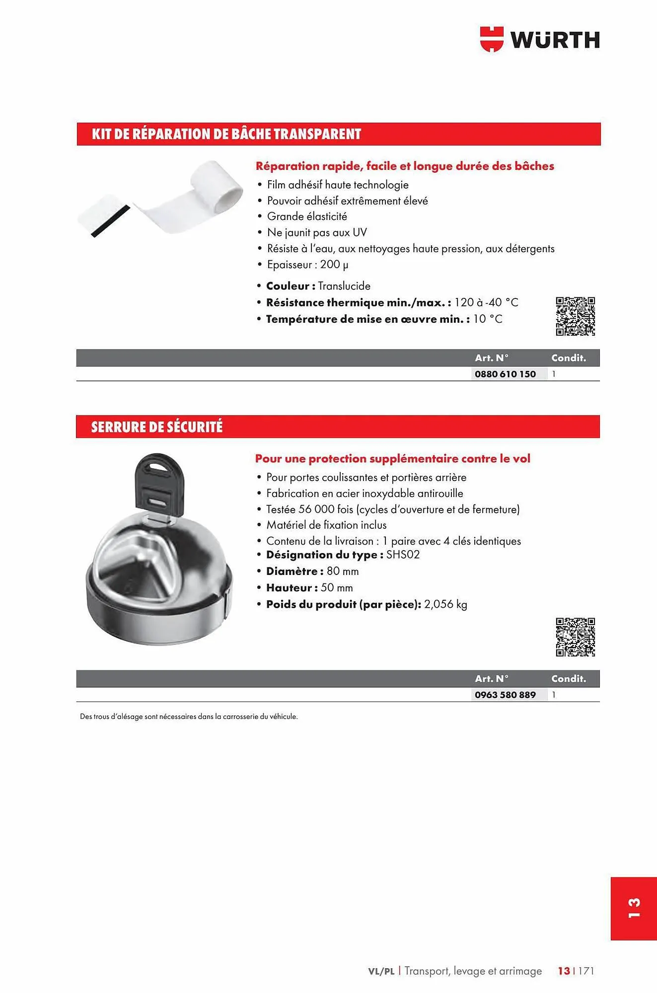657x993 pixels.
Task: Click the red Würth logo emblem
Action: [x=491, y=39]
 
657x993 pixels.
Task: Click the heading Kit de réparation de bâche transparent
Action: [x=226, y=134]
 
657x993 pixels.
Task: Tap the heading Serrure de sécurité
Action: [x=157, y=427]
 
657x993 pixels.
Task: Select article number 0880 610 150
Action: [x=505, y=374]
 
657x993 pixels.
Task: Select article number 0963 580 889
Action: [x=505, y=695]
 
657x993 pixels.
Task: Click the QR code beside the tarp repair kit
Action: [x=575, y=317]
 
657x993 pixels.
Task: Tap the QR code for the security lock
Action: [x=575, y=638]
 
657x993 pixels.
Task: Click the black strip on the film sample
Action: [x=110, y=221]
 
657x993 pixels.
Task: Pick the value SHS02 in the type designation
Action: [x=403, y=555]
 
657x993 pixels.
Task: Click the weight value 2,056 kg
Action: [x=445, y=604]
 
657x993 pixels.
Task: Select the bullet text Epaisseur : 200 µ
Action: [x=307, y=265]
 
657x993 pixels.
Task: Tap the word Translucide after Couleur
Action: [x=344, y=286]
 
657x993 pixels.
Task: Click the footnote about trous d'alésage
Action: [x=189, y=716]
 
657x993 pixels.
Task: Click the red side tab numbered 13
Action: [x=634, y=908]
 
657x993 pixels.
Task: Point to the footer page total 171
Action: [x=586, y=971]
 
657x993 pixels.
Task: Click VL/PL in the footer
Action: [x=381, y=971]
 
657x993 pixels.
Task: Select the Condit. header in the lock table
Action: [x=568, y=679]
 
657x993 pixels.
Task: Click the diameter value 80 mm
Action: [x=343, y=571]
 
